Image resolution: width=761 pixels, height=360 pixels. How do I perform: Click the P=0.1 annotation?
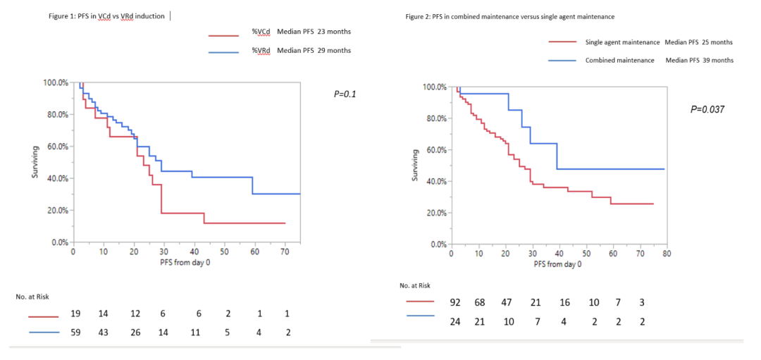(x=345, y=94)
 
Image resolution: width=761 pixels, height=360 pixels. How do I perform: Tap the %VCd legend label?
(x=261, y=32)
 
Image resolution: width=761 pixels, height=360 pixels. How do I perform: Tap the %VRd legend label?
(x=261, y=50)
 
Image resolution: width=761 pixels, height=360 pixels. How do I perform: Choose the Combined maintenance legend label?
(x=620, y=60)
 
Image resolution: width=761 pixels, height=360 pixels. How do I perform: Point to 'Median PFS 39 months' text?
(x=699, y=60)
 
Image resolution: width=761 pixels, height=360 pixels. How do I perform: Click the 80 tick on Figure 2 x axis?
(x=665, y=254)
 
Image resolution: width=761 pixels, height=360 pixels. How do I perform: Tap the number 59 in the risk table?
(x=75, y=333)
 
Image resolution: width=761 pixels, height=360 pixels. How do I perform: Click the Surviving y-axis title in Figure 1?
(x=35, y=162)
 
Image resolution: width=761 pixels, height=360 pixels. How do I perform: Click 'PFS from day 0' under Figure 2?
(x=557, y=264)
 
